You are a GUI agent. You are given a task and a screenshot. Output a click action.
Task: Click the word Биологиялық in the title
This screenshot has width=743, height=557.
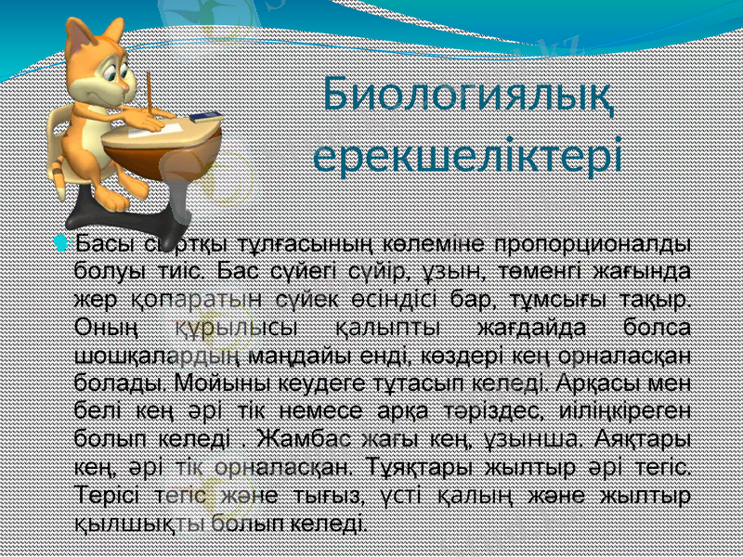[469, 96]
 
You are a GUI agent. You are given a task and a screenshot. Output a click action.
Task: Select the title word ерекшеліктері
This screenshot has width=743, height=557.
[466, 154]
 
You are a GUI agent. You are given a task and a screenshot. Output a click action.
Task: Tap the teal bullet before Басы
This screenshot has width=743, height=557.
[61, 244]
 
